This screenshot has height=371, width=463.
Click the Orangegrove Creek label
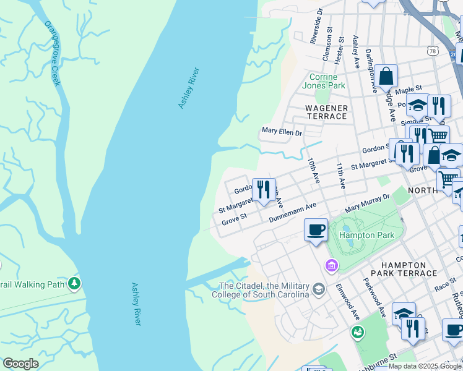pyautogui.click(x=52, y=53)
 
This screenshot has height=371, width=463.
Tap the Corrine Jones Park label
pyautogui.click(x=323, y=82)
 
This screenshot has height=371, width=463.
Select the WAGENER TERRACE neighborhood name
pyautogui.click(x=326, y=112)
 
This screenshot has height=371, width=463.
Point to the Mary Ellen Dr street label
pyautogui.click(x=282, y=132)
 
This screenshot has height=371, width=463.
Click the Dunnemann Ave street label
pyautogui.click(x=293, y=212)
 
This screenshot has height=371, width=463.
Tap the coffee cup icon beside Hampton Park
pyautogui.click(x=316, y=230)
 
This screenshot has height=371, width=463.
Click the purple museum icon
pyautogui.click(x=332, y=265)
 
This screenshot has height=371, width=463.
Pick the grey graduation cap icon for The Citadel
pyautogui.click(x=318, y=289)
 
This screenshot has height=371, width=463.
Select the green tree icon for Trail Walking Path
pyautogui.click(x=74, y=284)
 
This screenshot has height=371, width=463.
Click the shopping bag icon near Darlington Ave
pyautogui.click(x=386, y=77)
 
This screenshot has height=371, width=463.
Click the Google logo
pyautogui.click(x=20, y=364)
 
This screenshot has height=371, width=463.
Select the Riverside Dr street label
pyautogui.click(x=316, y=25)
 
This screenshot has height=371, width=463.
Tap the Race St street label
pyautogui.click(x=445, y=286)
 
